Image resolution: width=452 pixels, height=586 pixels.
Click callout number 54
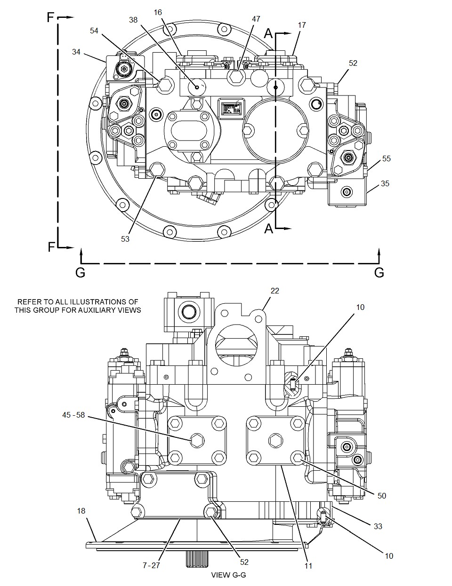(95, 31)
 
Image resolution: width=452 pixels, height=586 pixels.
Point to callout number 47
(256, 19)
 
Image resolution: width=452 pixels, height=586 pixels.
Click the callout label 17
(302, 25)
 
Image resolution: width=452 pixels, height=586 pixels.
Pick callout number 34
(76, 51)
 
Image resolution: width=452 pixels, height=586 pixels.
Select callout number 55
(386, 159)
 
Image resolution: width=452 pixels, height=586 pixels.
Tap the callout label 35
(385, 183)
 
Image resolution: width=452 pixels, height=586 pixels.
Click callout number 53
(125, 239)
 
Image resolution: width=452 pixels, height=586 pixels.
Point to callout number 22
(274, 291)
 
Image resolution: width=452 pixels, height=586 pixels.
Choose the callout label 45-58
(73, 415)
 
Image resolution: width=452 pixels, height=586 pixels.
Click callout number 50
(381, 496)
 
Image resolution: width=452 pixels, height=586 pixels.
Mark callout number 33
(378, 526)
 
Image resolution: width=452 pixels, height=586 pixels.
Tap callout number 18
(81, 511)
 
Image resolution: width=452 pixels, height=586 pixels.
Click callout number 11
(308, 566)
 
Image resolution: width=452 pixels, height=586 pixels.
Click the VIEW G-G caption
(228, 575)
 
